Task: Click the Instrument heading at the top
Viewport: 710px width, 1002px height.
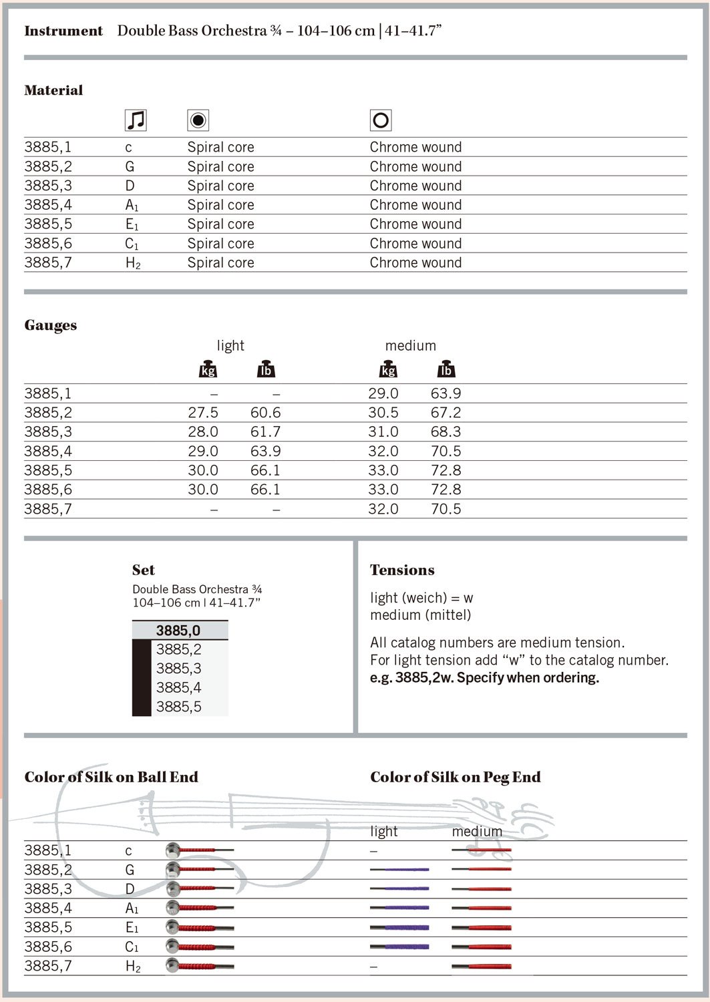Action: (63, 31)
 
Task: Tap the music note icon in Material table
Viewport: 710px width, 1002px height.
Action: (136, 120)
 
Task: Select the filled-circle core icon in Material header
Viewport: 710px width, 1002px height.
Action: (198, 120)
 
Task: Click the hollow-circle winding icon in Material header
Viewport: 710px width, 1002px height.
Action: (381, 120)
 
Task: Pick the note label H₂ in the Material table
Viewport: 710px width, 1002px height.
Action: (133, 263)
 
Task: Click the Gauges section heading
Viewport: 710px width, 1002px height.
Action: (51, 325)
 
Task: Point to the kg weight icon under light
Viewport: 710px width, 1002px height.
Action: (208, 369)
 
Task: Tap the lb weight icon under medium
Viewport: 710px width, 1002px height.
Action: (446, 369)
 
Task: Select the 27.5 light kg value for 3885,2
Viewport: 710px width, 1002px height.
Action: (203, 413)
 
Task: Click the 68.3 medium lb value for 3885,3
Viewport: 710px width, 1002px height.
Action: (446, 432)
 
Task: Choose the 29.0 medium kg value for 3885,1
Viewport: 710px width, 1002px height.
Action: (383, 393)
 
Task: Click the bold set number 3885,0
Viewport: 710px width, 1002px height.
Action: (178, 631)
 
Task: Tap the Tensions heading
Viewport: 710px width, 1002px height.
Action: (402, 570)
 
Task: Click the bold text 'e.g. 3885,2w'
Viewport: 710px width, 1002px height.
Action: (411, 677)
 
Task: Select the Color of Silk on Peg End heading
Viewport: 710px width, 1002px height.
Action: (456, 777)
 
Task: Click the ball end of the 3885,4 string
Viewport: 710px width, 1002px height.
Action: (173, 908)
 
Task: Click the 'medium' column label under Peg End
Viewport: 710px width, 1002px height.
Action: (477, 831)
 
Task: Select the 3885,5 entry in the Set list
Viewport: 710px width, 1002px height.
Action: (178, 707)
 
